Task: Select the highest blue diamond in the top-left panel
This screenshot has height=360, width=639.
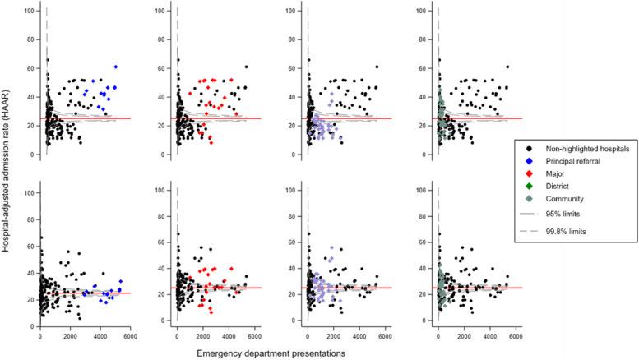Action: click(x=116, y=67)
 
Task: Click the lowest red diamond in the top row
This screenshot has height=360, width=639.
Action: click(x=211, y=143)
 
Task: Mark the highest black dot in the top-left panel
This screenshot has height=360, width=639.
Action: click(x=47, y=60)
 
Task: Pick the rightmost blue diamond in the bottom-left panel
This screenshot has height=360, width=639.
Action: click(x=121, y=281)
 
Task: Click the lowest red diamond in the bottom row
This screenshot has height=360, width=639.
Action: click(x=211, y=312)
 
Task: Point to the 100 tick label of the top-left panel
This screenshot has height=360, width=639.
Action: click(x=30, y=11)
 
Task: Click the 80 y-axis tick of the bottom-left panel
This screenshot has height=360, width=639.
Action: click(x=31, y=220)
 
